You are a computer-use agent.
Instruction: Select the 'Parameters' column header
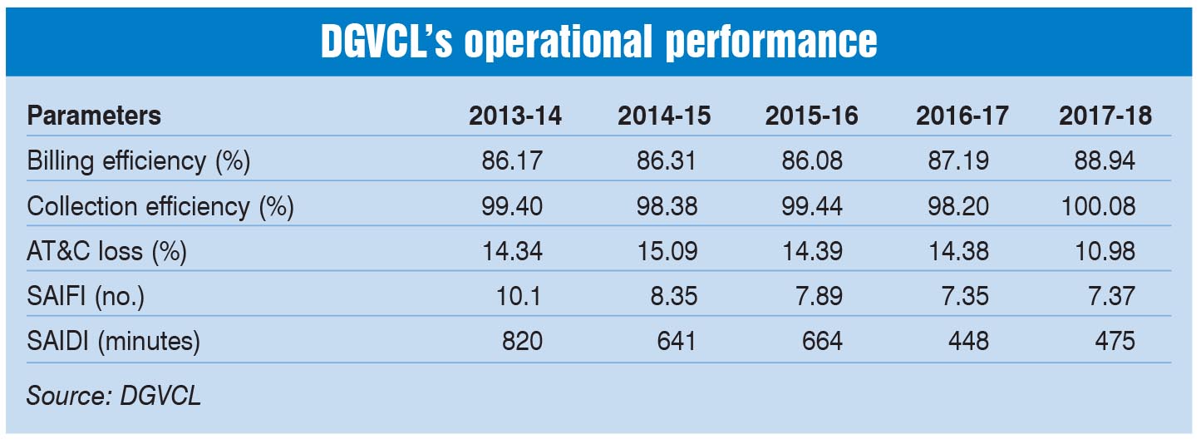[94, 116]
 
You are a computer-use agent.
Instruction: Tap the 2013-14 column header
[515, 116]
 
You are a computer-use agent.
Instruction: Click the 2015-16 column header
[812, 116]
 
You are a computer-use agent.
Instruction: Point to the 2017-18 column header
[1105, 116]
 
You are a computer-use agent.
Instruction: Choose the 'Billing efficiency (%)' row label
[139, 161]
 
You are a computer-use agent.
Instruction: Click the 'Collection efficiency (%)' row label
[160, 206]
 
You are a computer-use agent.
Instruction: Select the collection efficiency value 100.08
[1097, 206]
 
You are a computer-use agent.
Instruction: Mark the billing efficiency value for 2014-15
[662, 161]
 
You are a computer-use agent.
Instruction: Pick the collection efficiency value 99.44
[810, 206]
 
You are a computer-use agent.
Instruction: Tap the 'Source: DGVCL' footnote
[114, 396]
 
